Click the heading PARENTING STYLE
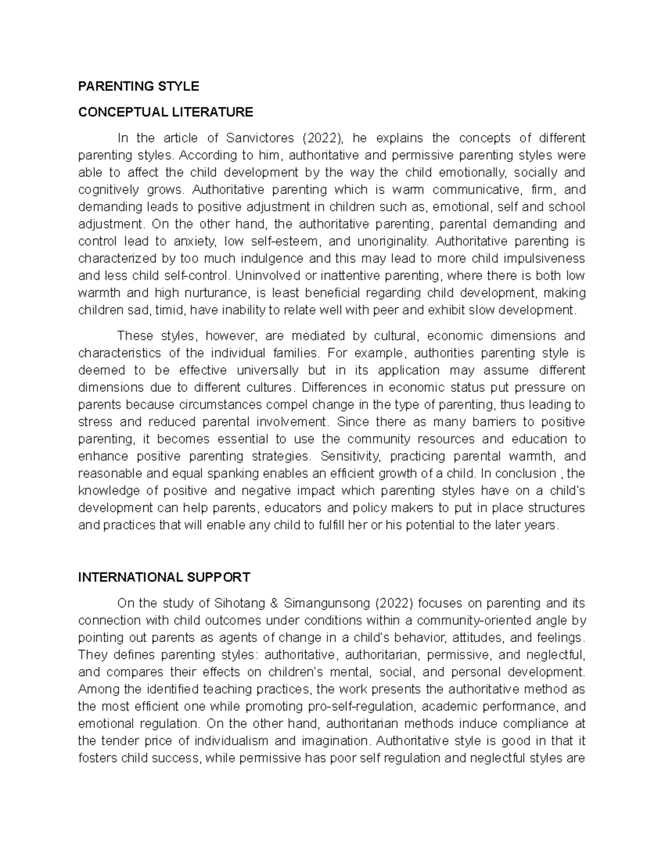(138, 86)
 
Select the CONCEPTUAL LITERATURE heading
(165, 112)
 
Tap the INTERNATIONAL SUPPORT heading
(164, 577)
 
